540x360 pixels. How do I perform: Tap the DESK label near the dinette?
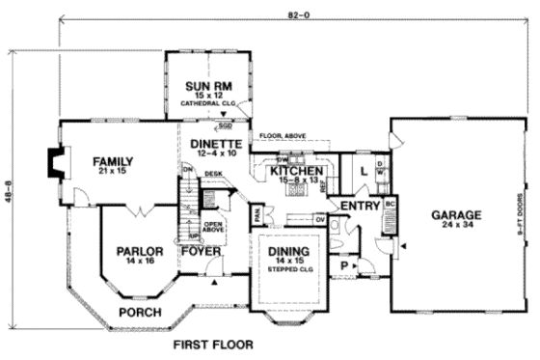(213, 174)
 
